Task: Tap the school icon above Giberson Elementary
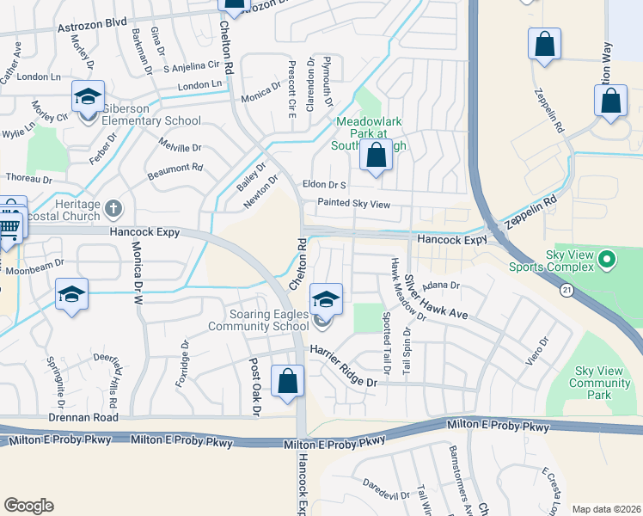click(88, 97)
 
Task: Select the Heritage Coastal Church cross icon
click(113, 209)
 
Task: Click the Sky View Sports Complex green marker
click(607, 259)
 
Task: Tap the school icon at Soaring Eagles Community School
click(326, 300)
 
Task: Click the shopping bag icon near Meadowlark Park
click(376, 157)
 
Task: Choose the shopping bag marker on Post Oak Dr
click(287, 381)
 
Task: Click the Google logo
click(28, 506)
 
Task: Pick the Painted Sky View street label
click(353, 204)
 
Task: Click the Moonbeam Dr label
click(37, 263)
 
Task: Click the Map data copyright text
click(606, 509)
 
